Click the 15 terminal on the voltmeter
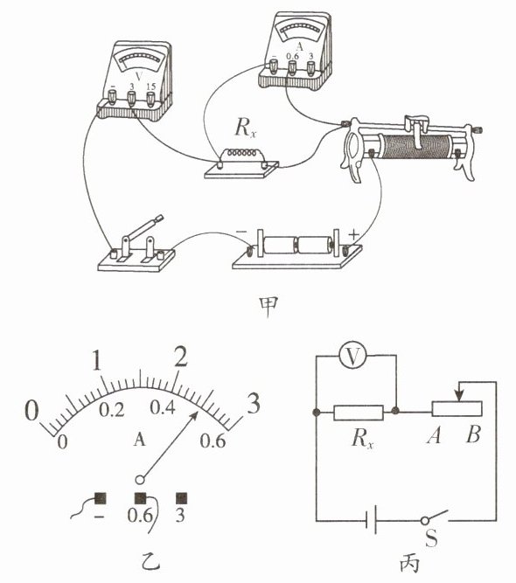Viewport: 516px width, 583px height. (150, 99)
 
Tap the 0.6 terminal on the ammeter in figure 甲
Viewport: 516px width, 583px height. (292, 67)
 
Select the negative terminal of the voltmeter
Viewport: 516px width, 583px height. (112, 97)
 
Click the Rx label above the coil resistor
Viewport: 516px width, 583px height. (246, 128)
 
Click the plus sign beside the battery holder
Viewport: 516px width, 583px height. (353, 234)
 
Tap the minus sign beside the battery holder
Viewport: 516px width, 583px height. (241, 232)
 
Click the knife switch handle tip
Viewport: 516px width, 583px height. (159, 218)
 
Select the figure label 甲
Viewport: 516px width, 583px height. (268, 307)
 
